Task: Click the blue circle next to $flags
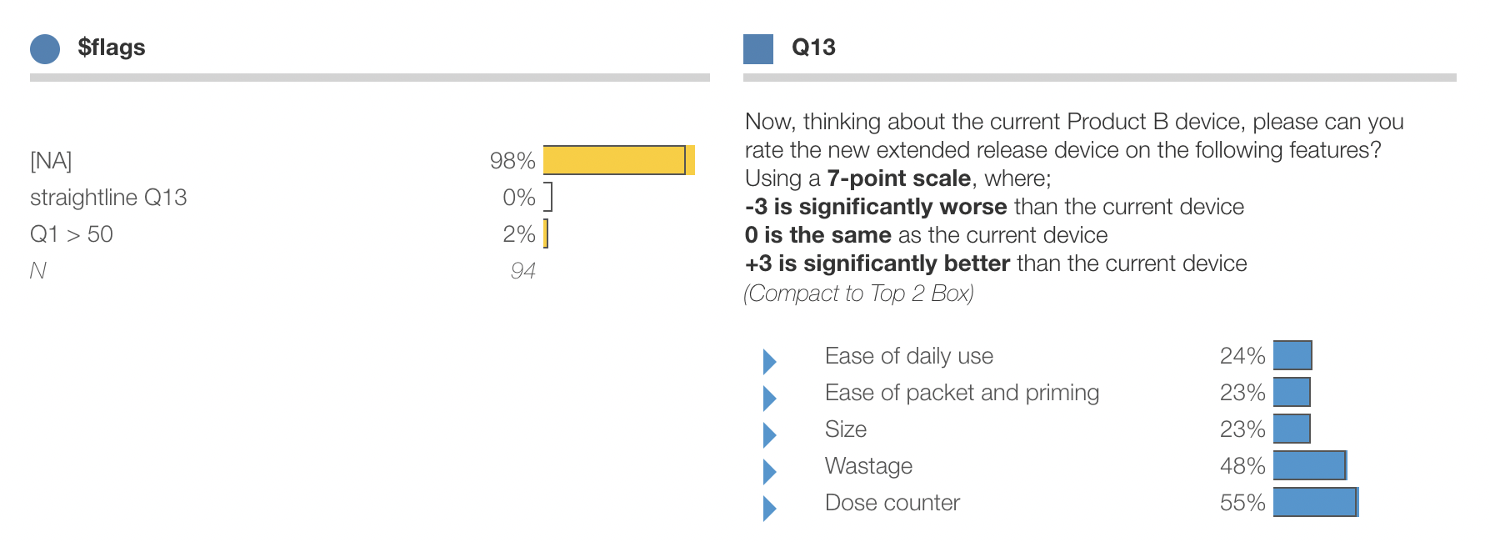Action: (45, 49)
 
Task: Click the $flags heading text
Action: (112, 48)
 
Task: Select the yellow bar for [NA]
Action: (617, 160)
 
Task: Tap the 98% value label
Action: (512, 160)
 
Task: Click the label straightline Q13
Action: (108, 198)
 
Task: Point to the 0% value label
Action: (518, 198)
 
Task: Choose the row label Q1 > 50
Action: (72, 234)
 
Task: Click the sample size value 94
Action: (522, 271)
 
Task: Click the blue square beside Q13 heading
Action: (758, 49)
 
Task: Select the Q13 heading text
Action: (813, 48)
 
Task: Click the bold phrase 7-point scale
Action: (898, 178)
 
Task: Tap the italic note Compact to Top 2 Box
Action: (858, 294)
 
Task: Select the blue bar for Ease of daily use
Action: (1292, 355)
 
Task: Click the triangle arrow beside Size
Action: (769, 434)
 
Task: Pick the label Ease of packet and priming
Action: (962, 393)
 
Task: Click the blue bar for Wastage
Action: (1309, 465)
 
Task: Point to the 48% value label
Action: (1242, 466)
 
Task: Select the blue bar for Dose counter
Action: (1315, 502)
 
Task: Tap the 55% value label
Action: (1242, 503)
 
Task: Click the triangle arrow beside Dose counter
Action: (769, 508)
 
